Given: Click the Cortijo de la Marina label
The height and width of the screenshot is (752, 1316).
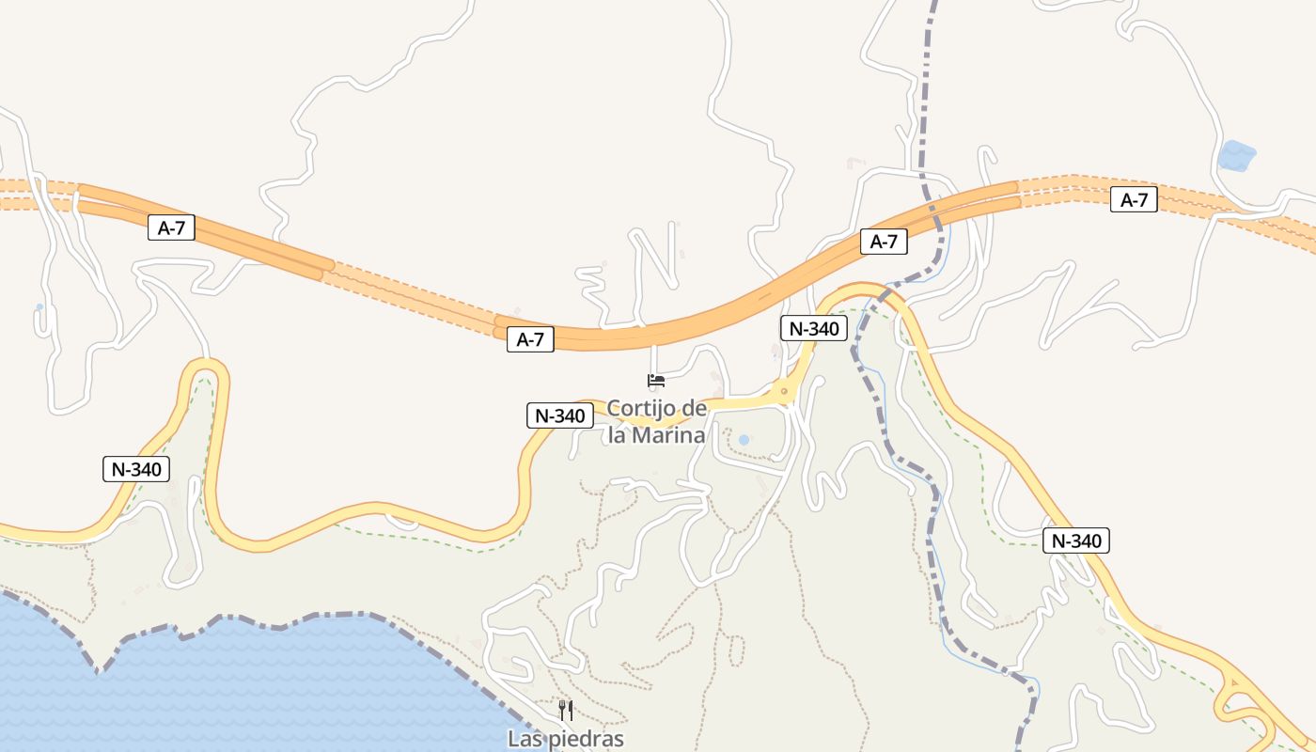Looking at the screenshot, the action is click(x=656, y=422).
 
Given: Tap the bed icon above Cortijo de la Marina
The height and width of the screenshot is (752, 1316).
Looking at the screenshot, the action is click(x=656, y=381).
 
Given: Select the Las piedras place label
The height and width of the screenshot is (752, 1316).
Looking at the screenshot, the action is click(x=566, y=739).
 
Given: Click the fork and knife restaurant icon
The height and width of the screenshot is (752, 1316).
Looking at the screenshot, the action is click(x=566, y=710).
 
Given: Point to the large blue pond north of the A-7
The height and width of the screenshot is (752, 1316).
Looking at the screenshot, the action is click(x=1237, y=155).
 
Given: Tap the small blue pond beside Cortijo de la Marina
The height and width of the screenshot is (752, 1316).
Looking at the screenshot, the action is click(x=744, y=439).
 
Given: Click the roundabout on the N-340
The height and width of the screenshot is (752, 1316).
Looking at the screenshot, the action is click(x=783, y=391).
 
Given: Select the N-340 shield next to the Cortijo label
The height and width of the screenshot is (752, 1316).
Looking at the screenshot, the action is click(x=560, y=415).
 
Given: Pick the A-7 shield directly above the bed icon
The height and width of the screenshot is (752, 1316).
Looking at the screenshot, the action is click(x=531, y=339).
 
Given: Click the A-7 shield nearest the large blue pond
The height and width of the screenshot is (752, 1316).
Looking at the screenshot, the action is click(x=1134, y=199).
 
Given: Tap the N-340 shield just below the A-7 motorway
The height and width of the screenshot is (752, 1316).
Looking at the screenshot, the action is click(x=814, y=328).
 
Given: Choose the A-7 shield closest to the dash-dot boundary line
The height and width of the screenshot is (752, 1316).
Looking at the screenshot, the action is click(x=884, y=242).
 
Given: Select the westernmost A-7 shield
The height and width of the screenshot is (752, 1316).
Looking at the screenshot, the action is click(x=171, y=227).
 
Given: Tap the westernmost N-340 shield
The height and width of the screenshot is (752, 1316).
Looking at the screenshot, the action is click(x=136, y=469).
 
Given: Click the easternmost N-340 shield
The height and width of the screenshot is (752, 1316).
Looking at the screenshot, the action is click(x=1076, y=540).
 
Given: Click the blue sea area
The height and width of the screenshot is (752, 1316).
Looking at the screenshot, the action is click(x=235, y=686).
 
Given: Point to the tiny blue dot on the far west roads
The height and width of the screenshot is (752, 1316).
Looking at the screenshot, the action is click(x=39, y=306).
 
